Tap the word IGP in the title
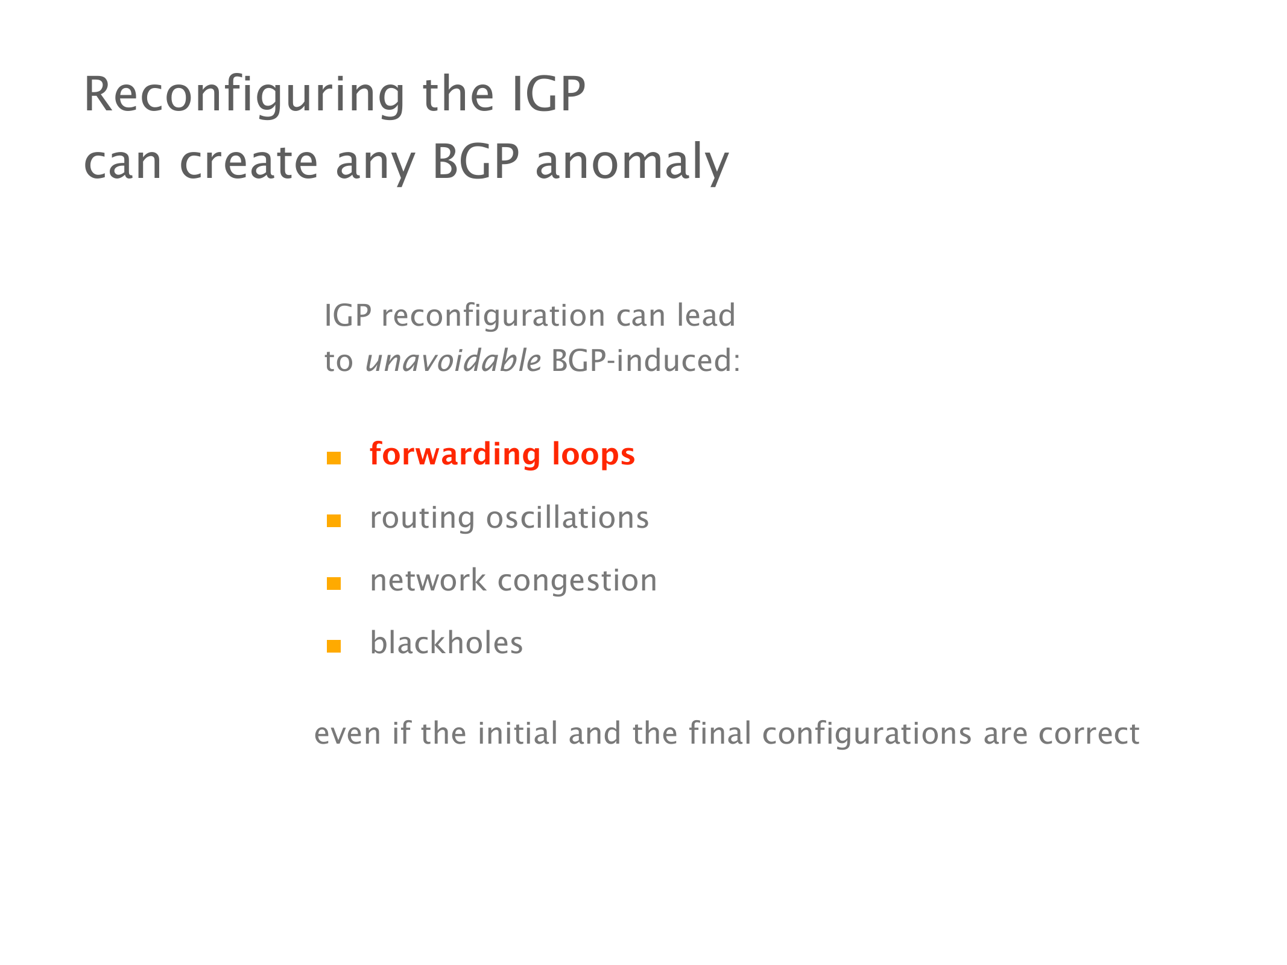[549, 94]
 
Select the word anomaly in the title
[632, 163]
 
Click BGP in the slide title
[476, 161]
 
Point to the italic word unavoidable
[454, 361]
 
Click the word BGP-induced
[645, 361]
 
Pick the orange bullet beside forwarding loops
[334, 458]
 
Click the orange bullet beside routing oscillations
[334, 520]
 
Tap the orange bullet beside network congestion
[334, 583]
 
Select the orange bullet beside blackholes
[334, 646]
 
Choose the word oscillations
[568, 517]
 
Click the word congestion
[577, 581]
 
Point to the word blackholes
[446, 642]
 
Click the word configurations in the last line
[867, 735]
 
